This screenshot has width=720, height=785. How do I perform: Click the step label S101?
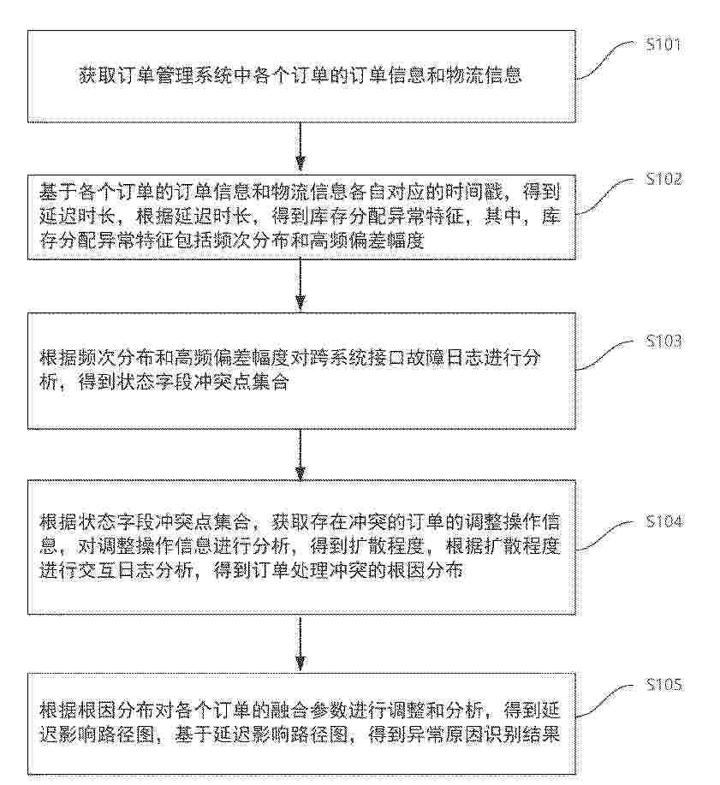click(663, 45)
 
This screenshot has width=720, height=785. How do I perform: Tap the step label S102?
click(663, 179)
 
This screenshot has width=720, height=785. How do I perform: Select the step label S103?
click(663, 342)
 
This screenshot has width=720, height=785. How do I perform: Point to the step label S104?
click(663, 521)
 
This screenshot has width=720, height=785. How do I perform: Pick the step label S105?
click(663, 684)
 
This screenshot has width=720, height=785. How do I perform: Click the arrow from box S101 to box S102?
click(300, 146)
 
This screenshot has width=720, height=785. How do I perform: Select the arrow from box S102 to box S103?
click(300, 285)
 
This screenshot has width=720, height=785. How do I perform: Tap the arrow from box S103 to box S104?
click(300, 454)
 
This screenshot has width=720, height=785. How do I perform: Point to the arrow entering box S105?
click(300, 643)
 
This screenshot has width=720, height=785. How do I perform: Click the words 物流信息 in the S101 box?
click(483, 75)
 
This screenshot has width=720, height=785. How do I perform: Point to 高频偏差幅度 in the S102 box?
click(367, 241)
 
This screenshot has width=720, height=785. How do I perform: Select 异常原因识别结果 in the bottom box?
click(483, 735)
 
